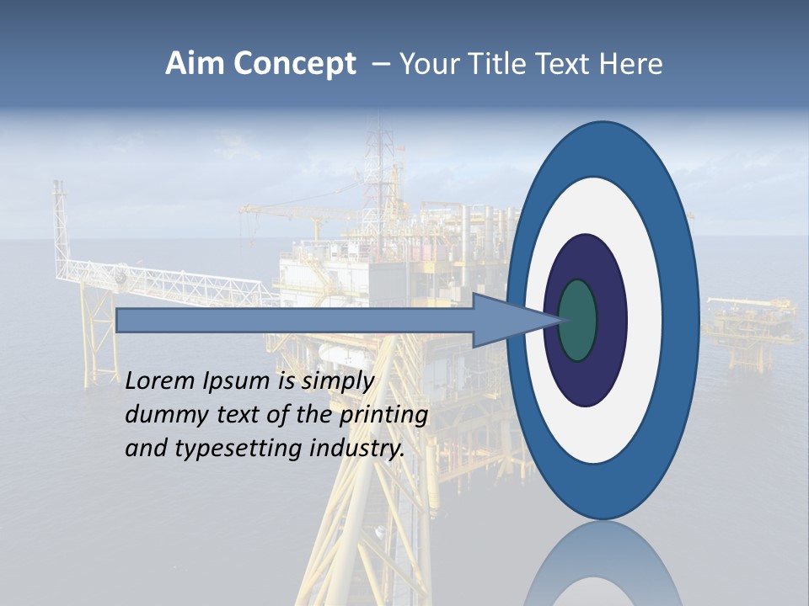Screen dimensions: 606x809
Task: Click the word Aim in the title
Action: coord(196,64)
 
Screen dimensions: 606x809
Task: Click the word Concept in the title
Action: coord(294,65)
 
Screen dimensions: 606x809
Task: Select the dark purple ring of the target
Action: coord(611,320)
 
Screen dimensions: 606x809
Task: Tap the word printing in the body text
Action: coord(383,416)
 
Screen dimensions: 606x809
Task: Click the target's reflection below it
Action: coord(603,564)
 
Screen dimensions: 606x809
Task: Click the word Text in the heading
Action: coord(560,64)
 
